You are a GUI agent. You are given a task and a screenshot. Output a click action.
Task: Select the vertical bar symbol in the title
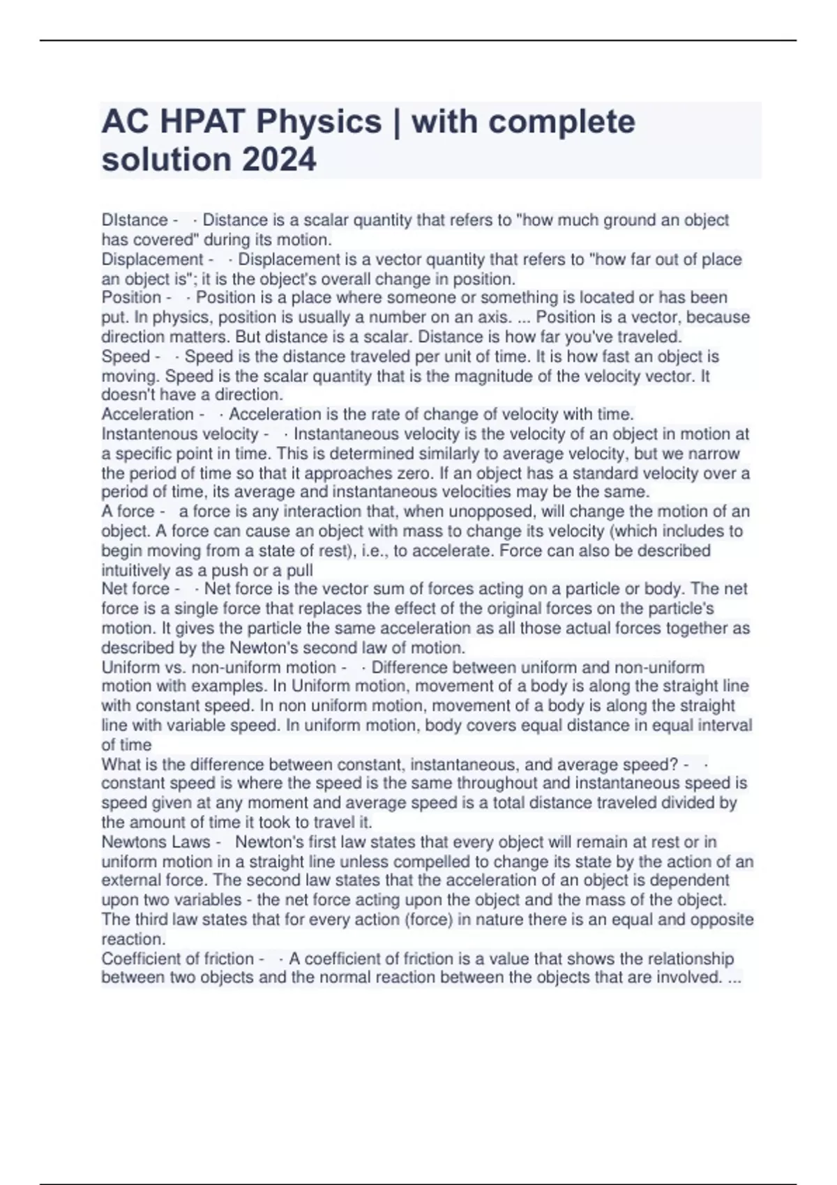396,121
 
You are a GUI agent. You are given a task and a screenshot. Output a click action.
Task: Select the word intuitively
142,569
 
